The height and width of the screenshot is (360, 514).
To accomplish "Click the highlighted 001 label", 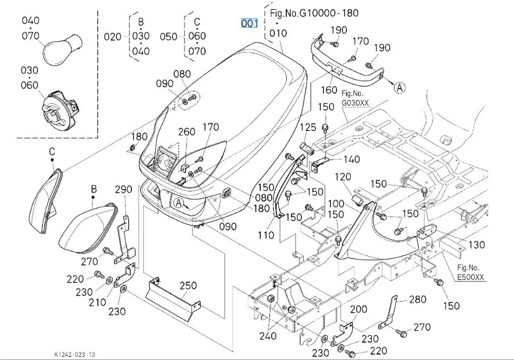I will [250, 23].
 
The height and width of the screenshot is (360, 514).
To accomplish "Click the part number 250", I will [188, 285].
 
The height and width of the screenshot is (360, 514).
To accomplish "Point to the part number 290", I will [123, 189].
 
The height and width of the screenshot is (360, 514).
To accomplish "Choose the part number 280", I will [418, 299].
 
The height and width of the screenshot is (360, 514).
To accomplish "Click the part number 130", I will [476, 245].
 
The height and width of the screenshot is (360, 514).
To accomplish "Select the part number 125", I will [308, 127].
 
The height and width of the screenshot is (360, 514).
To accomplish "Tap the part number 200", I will [358, 309].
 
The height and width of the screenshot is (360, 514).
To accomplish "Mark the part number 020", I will [113, 36].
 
